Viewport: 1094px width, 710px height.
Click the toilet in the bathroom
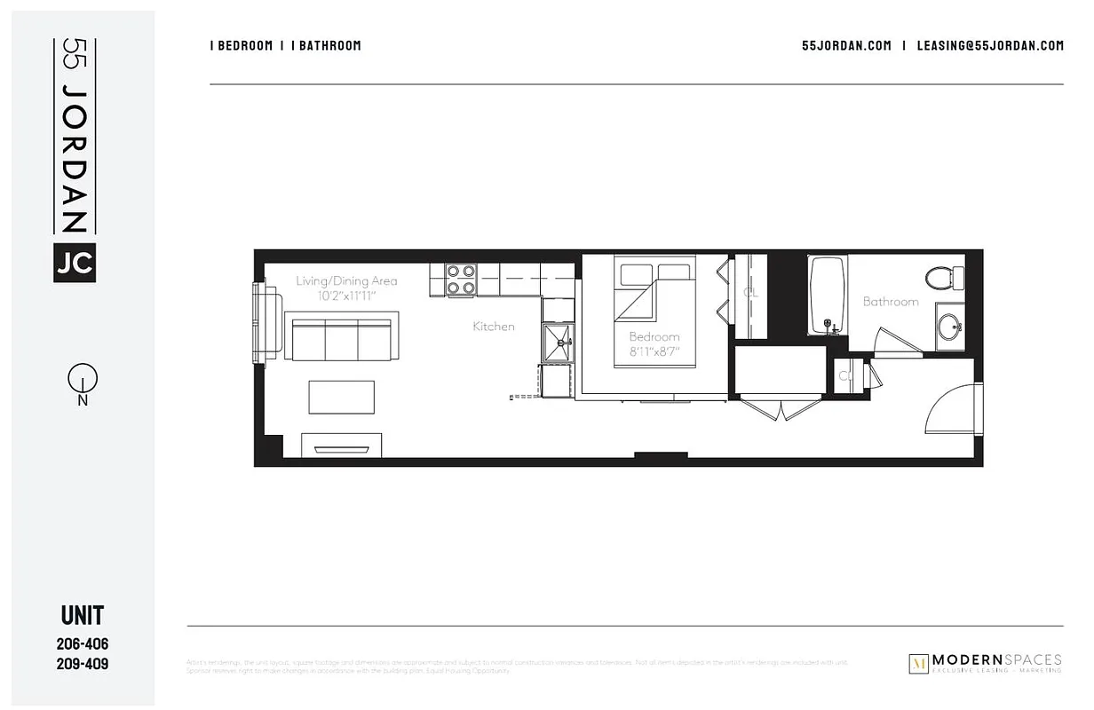click(944, 277)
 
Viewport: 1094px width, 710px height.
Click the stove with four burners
click(461, 280)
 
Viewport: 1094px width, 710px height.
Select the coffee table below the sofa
click(342, 397)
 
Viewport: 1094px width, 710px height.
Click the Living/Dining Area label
click(346, 281)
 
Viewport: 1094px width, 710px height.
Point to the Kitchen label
click(493, 327)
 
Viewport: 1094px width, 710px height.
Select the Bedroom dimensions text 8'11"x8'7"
click(654, 352)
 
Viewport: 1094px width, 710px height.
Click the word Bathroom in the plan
click(890, 302)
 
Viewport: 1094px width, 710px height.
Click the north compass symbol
click(82, 381)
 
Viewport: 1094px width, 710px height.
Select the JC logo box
click(75, 263)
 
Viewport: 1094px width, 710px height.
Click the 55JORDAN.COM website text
click(845, 46)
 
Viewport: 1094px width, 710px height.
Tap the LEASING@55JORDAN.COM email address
click(989, 46)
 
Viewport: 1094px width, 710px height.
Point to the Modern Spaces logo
click(985, 663)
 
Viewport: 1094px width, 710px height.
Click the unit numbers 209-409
click(83, 663)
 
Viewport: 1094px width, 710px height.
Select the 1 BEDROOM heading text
click(241, 46)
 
